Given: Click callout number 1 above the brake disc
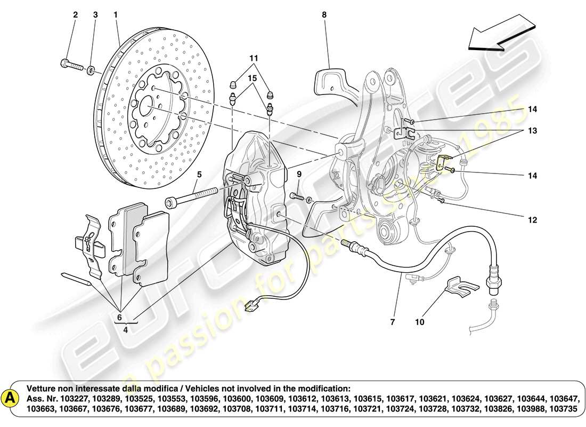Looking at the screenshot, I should click(115, 15).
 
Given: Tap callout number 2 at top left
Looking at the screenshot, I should click(75, 15).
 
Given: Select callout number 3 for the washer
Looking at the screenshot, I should click(95, 15).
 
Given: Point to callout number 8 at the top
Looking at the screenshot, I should click(323, 15).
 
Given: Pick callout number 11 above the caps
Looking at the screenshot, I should click(254, 57).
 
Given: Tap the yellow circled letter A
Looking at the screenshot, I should click(9, 398).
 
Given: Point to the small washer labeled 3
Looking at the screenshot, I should click(91, 69).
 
